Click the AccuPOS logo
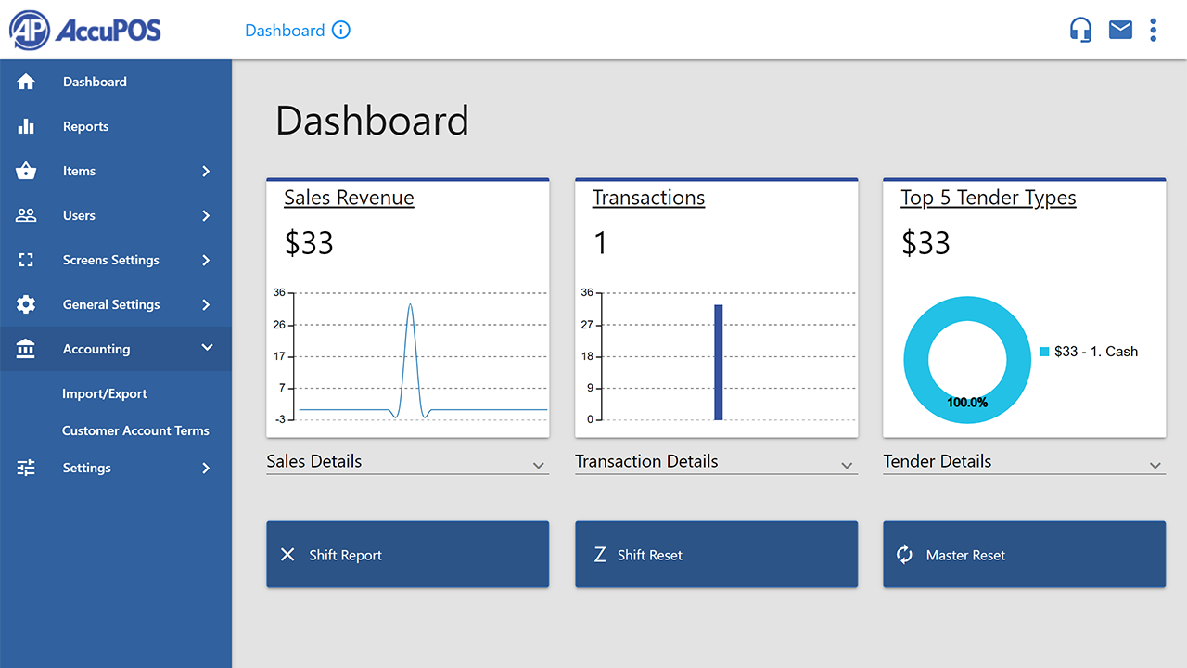85,30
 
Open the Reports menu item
85,126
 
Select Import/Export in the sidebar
104,393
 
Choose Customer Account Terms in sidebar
135,430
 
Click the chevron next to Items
206,171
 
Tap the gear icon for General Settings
26,304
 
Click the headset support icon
1080,30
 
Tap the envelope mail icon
1120,30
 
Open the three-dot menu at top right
1154,30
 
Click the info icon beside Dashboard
341,30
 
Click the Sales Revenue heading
349,198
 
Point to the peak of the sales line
410,305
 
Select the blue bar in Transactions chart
718,362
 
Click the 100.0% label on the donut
967,403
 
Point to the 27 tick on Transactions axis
586,325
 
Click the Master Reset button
1024,555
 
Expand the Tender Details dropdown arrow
1155,465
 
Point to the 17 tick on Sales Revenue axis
279,356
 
